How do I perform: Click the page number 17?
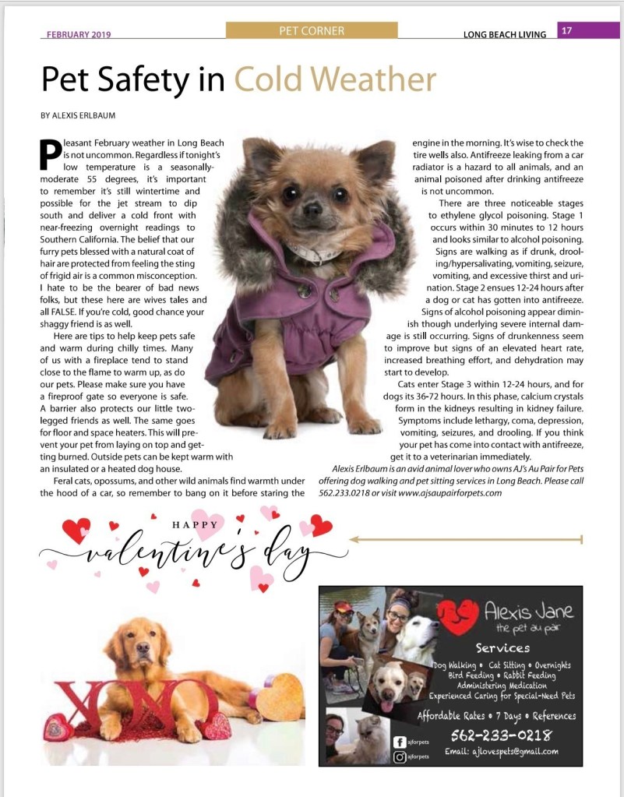click(x=566, y=31)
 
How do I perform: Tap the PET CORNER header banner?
click(x=311, y=31)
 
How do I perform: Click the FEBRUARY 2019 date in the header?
click(x=79, y=34)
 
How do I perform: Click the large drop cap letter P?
click(x=50, y=155)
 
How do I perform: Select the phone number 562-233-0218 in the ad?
click(x=502, y=735)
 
